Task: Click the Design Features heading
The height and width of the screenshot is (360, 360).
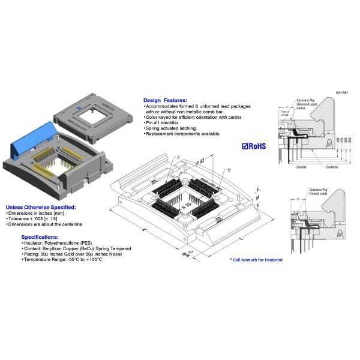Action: coord(165,100)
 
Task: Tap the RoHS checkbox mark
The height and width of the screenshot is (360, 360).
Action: coord(245,145)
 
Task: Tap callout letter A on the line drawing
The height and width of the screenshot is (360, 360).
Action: coord(178,157)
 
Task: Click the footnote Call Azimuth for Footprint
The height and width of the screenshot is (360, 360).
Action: coord(256,259)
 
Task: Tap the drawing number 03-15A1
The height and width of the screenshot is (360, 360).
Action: coord(343,93)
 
